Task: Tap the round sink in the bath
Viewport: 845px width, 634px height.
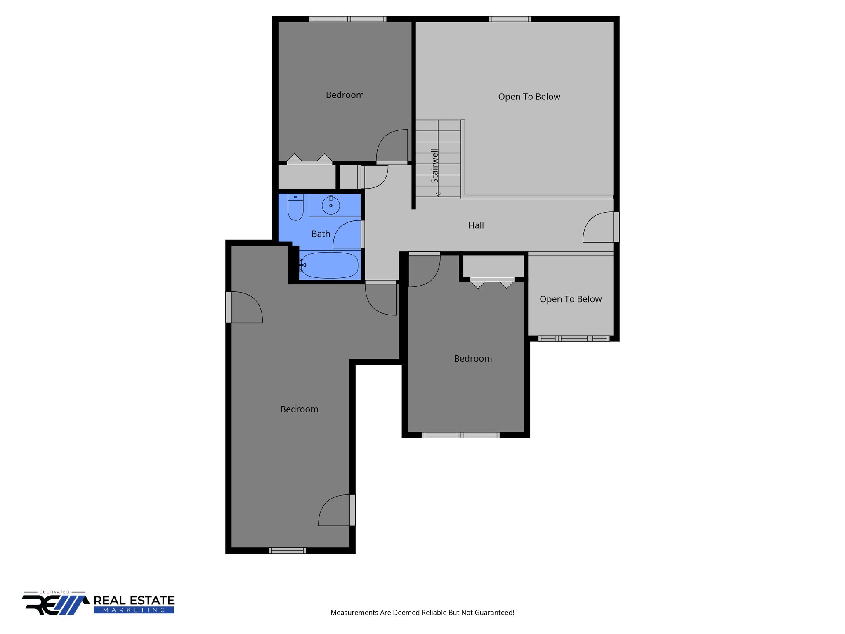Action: click(330, 205)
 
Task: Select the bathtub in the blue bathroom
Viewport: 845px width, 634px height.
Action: click(329, 265)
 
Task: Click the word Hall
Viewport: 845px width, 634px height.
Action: click(476, 225)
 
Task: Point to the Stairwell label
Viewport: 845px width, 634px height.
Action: click(434, 166)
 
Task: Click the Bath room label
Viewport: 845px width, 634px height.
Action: click(321, 234)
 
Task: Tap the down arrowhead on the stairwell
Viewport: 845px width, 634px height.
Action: click(438, 194)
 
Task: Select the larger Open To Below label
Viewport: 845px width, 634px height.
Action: click(529, 97)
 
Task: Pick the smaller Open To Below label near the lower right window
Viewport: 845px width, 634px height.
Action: click(571, 299)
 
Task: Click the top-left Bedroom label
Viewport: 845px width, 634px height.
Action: click(345, 95)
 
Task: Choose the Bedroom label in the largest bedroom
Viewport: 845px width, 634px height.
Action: click(299, 409)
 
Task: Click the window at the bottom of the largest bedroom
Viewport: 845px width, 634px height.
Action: click(287, 550)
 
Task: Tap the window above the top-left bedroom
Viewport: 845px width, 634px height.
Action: click(347, 19)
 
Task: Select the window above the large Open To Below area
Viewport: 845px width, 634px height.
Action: click(510, 19)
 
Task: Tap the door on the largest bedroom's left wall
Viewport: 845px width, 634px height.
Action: click(246, 308)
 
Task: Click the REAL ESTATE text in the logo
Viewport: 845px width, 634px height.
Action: click(134, 600)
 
